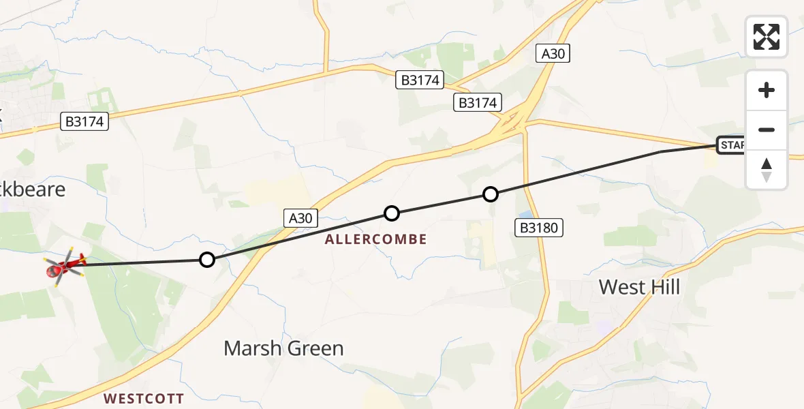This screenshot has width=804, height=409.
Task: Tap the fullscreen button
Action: point(767,37)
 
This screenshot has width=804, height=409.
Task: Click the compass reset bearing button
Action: point(767,170)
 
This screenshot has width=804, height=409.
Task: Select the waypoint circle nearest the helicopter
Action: point(207,260)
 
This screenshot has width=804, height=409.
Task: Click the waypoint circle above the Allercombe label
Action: point(392,213)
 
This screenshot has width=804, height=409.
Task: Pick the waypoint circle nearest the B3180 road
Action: point(491,194)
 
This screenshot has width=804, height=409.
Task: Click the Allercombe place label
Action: point(376,239)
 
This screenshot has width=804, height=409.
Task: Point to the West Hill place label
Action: point(639,287)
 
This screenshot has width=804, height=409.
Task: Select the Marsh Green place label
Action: point(283,348)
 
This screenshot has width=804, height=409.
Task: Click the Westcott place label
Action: point(144,398)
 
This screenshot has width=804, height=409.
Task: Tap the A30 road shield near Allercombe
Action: point(300,218)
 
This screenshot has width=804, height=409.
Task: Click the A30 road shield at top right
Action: point(553,54)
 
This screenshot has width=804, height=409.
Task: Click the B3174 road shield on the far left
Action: point(85,122)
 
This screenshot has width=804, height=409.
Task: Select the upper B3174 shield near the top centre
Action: point(420,80)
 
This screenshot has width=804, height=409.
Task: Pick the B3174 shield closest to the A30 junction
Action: point(478,103)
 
